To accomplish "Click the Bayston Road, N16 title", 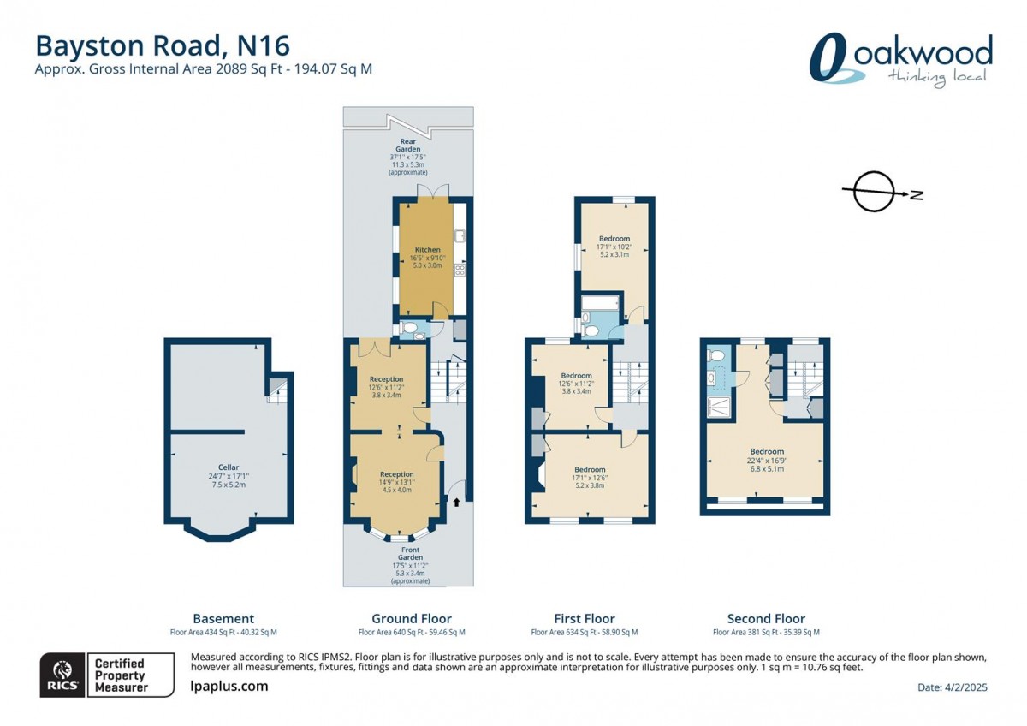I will coord(163,45).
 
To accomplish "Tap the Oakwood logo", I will coord(901,60).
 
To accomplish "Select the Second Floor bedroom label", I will coord(767,452).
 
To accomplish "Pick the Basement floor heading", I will coord(223,618).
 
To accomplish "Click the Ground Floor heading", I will coord(412,618).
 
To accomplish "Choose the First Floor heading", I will coord(585,618).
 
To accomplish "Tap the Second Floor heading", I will coord(766,618).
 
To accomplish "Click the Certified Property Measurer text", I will coord(120,675).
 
